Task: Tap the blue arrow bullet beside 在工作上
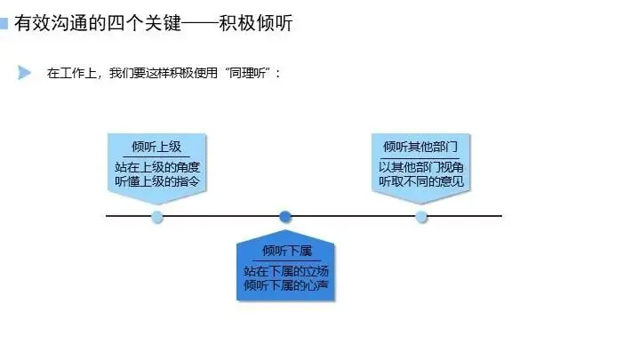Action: tap(24, 73)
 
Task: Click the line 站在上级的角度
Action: tap(156, 166)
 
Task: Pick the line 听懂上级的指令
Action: tap(156, 181)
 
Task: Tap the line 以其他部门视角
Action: tap(420, 166)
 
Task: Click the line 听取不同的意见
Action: tap(420, 181)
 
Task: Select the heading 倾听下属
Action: tap(285, 252)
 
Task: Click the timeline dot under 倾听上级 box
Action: tap(157, 216)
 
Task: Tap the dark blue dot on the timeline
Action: tap(285, 216)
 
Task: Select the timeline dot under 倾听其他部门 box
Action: tap(421, 216)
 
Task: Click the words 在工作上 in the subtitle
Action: tap(68, 74)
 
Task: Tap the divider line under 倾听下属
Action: tap(285, 260)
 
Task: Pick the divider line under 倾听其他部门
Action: tap(420, 157)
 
